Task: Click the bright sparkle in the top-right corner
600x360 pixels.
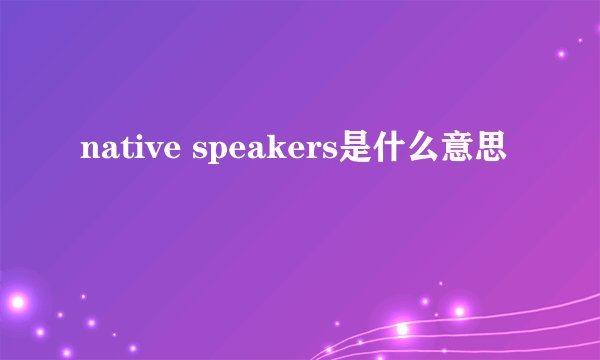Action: click(561, 52)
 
